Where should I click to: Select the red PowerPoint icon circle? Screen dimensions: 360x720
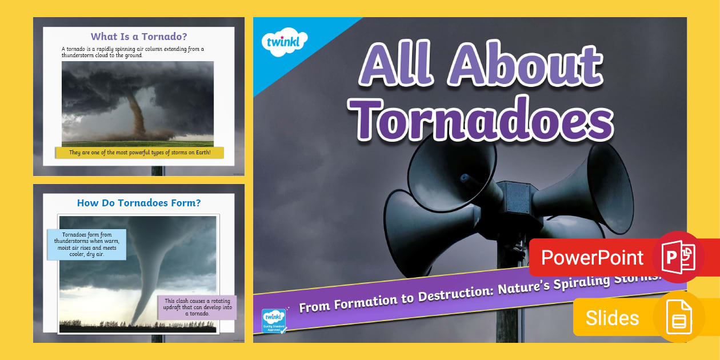[678, 257]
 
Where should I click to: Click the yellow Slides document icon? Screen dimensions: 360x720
[679, 317]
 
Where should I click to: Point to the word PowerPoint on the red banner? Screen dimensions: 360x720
[592, 258]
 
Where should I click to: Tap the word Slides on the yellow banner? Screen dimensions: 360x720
[612, 318]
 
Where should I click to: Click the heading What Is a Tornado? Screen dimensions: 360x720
[139, 37]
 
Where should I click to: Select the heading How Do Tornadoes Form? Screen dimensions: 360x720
[139, 203]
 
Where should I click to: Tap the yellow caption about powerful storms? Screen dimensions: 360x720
[139, 153]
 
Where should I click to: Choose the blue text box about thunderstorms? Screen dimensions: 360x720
[86, 245]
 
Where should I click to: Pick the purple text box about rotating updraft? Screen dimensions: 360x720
[197, 307]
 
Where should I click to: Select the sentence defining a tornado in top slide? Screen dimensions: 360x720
[133, 52]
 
